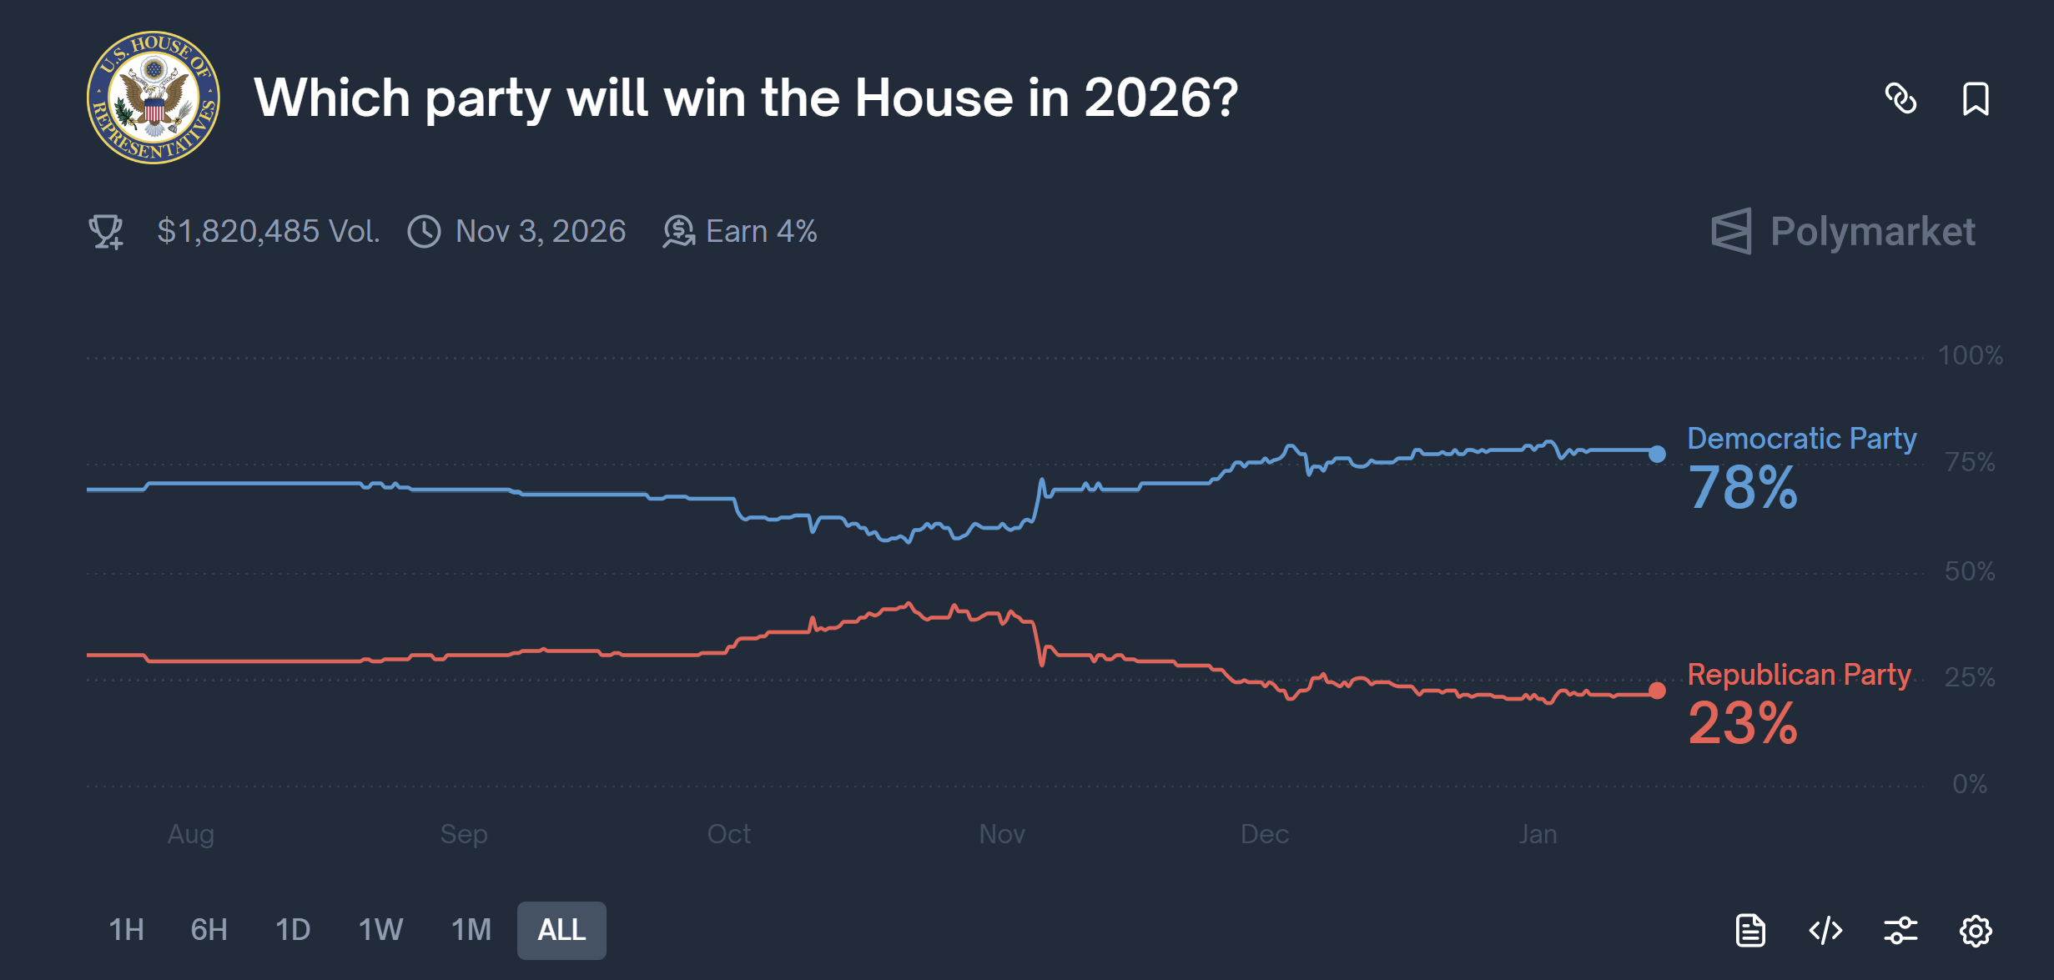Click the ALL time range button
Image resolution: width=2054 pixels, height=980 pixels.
[x=561, y=930]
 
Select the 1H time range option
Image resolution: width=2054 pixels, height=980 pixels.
[x=127, y=930]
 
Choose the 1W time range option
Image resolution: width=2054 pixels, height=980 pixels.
[x=380, y=930]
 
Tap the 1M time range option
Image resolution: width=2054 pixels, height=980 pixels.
[x=471, y=930]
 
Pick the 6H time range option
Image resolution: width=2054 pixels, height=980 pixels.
[x=209, y=930]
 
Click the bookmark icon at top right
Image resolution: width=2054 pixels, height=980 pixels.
[x=1975, y=99]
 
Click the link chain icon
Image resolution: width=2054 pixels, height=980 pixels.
[x=1900, y=99]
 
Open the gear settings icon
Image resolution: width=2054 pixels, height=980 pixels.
[x=1975, y=930]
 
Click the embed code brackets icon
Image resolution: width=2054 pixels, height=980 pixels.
[x=1825, y=930]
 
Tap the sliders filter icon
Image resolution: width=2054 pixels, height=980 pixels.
[x=1900, y=930]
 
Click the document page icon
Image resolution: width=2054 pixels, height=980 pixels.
[x=1750, y=930]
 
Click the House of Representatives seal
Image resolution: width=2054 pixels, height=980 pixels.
[x=154, y=98]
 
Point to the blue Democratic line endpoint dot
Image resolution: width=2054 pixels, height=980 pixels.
[x=1657, y=454]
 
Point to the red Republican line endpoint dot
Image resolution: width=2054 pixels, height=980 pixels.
[x=1657, y=691]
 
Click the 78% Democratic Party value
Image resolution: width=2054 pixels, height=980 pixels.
[x=1742, y=488]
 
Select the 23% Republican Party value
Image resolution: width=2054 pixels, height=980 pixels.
[x=1742, y=723]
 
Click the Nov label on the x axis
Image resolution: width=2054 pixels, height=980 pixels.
[x=1001, y=834]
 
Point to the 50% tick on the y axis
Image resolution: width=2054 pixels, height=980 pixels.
[x=1969, y=571]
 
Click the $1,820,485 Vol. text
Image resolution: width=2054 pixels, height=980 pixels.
[x=268, y=231]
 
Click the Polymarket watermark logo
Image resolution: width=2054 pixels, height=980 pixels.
[x=1844, y=231]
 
